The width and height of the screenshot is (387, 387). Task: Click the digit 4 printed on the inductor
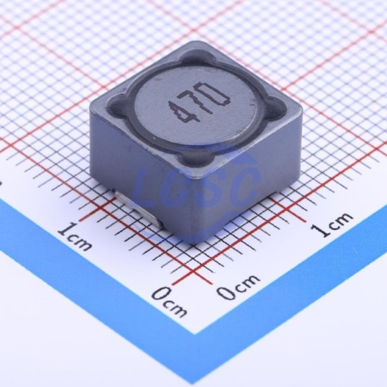182,112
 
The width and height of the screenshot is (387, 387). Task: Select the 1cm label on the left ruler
75,236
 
